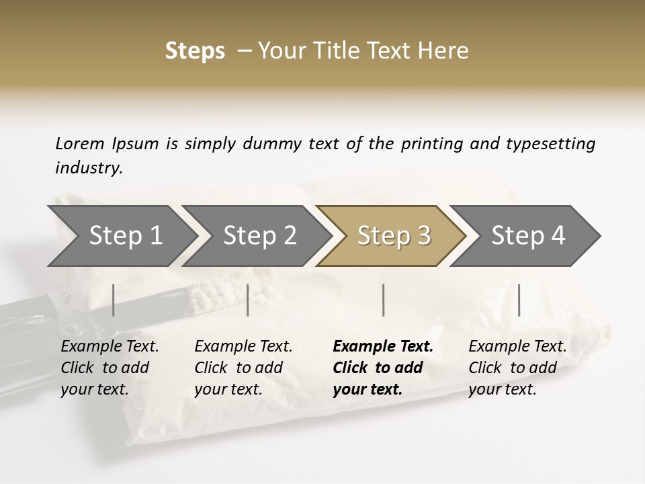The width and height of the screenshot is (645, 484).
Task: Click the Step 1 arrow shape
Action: [124, 236]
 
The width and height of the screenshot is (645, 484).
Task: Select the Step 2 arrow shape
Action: [259, 236]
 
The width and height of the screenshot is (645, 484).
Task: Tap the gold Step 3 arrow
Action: [393, 236]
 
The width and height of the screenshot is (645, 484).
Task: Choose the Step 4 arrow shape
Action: [527, 236]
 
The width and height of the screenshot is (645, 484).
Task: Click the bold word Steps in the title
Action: [195, 51]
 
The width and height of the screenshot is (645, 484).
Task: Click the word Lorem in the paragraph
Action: [80, 143]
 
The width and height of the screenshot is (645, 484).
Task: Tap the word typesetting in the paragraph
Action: [550, 143]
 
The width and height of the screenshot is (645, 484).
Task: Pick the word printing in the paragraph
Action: [432, 143]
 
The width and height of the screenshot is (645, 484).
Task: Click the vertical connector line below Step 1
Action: [113, 300]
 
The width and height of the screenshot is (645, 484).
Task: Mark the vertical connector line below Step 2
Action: [248, 300]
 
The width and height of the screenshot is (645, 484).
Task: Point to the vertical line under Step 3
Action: [383, 300]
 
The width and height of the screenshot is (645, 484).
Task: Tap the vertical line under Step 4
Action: [519, 300]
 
